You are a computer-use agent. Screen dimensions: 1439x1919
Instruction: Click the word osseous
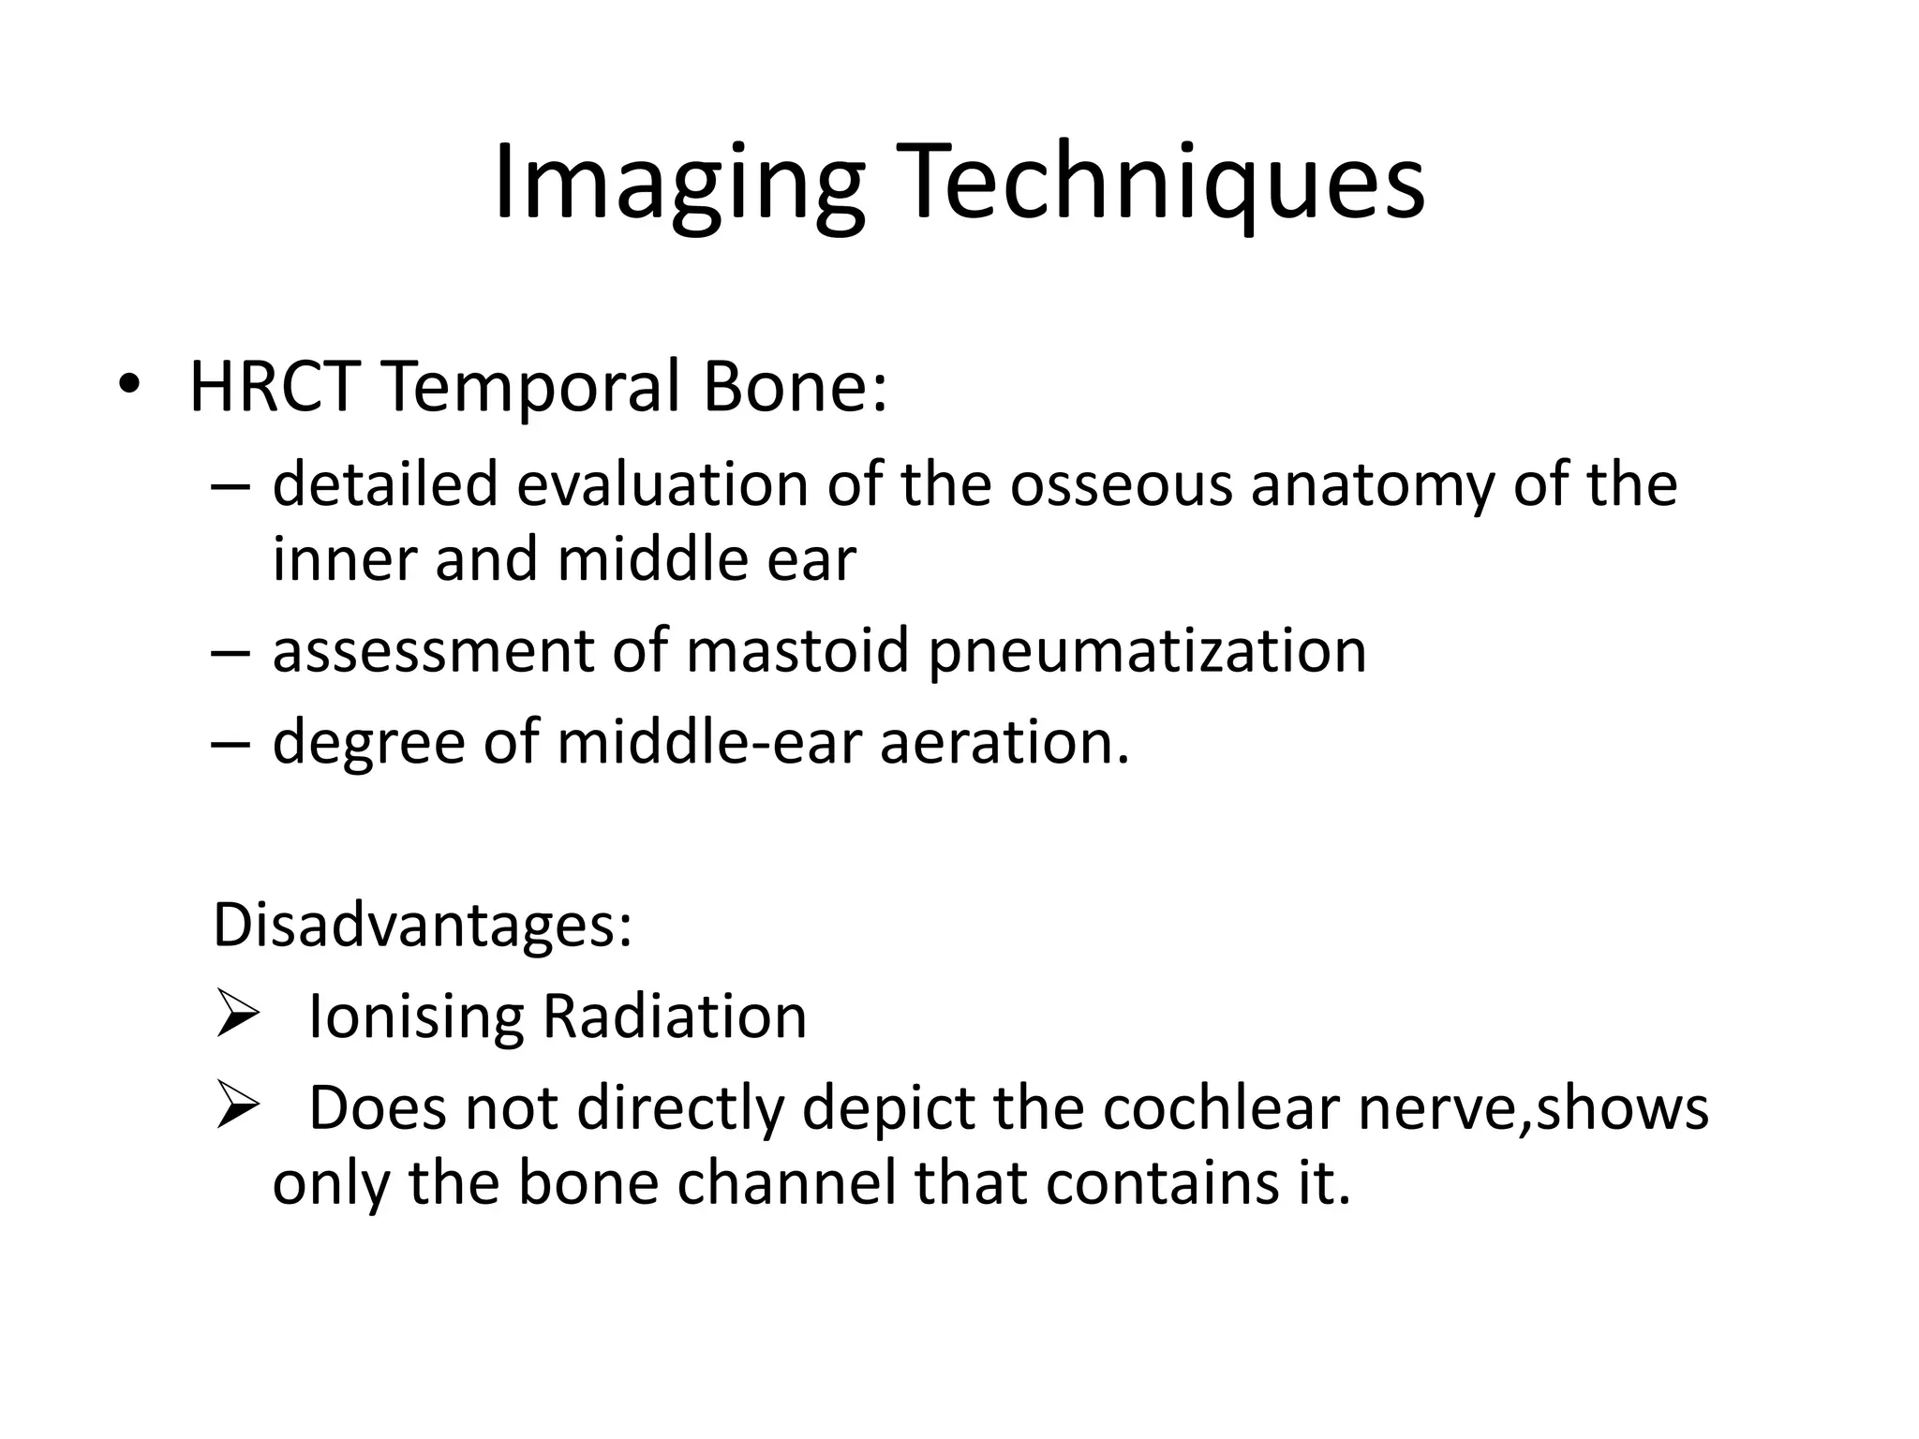coord(1121,485)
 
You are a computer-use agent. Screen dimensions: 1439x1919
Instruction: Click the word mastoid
coord(797,650)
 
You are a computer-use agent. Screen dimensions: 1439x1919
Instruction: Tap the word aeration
coord(1004,742)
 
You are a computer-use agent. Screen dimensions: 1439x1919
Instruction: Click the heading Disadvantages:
coord(423,925)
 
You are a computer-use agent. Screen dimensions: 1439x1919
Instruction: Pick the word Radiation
coord(675,1016)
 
